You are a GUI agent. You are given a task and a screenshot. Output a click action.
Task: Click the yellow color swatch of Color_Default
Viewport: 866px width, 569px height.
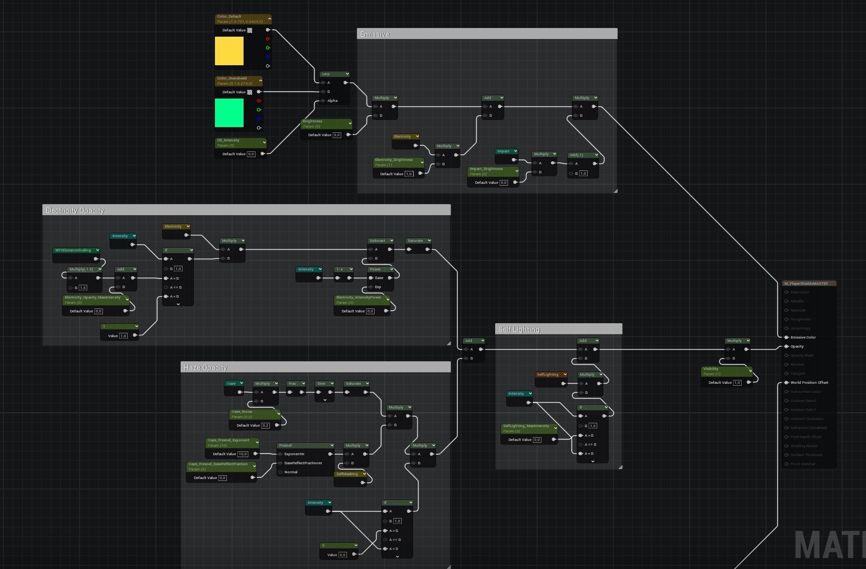229,51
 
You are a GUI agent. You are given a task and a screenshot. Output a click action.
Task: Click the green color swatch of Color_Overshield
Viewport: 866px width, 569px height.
229,113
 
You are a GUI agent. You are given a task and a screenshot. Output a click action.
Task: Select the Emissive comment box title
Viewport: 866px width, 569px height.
375,34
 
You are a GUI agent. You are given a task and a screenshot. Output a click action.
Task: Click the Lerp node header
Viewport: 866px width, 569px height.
334,74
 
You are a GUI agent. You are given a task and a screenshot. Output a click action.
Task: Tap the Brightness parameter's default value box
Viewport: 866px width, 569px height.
336,135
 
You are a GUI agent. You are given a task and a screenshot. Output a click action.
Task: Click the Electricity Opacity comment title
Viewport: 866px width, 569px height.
75,210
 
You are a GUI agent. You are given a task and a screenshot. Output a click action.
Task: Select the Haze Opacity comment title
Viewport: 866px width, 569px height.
205,368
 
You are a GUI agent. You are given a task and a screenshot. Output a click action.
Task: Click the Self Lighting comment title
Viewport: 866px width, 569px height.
519,329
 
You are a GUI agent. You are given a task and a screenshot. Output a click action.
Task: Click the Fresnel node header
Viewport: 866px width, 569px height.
305,445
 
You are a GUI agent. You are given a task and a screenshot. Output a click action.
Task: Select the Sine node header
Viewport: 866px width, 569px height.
324,383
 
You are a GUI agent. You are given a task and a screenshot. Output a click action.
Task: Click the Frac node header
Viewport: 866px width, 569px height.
295,383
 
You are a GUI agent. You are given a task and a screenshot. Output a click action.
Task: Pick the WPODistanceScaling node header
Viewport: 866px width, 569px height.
76,250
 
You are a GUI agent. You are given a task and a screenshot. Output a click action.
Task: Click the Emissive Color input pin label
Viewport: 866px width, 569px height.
803,337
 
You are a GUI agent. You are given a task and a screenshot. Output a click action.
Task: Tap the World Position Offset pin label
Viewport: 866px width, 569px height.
809,382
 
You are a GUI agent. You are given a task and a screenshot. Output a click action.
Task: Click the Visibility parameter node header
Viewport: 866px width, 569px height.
725,371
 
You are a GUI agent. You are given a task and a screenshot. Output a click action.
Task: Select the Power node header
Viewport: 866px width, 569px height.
380,269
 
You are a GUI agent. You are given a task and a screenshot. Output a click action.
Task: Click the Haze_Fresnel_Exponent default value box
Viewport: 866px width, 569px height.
243,454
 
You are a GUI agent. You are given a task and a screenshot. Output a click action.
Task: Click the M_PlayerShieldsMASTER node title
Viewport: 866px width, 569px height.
806,283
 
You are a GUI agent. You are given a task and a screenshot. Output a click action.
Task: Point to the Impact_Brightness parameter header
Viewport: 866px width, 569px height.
492,171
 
